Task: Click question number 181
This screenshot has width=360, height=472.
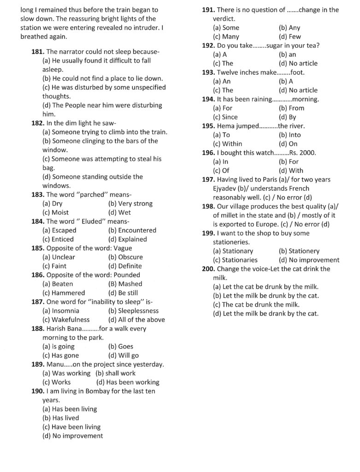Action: (38, 52)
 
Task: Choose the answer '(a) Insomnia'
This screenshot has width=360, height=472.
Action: (60, 311)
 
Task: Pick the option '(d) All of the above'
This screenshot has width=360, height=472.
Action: (136, 319)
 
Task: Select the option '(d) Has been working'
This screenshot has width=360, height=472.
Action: (128, 382)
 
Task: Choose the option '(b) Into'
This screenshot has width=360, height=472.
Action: (289, 135)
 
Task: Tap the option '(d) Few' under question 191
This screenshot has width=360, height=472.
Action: (290, 36)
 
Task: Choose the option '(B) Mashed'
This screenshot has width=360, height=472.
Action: (125, 284)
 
